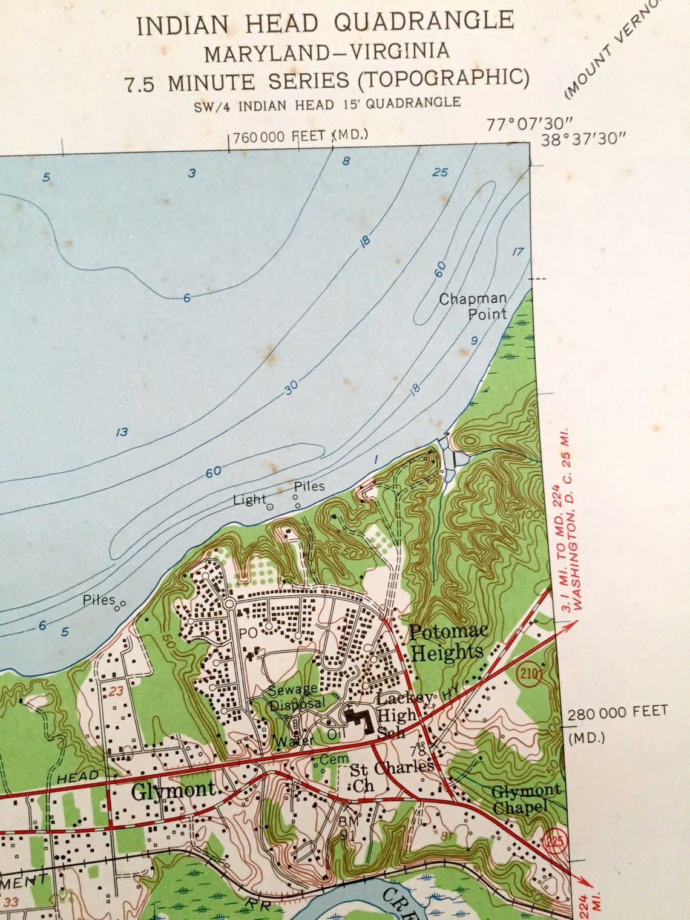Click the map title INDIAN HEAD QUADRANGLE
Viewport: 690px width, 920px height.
tap(325, 23)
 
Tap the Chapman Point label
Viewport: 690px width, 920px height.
tap(473, 306)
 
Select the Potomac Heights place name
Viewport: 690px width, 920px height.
tap(447, 642)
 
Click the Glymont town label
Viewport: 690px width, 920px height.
tap(173, 790)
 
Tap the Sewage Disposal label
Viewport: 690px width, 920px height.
tap(297, 697)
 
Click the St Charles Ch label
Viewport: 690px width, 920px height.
tap(387, 776)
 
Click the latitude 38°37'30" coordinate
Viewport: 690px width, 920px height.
tap(583, 139)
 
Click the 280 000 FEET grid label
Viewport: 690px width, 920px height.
tap(617, 712)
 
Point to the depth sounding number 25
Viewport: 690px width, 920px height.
tap(440, 172)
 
